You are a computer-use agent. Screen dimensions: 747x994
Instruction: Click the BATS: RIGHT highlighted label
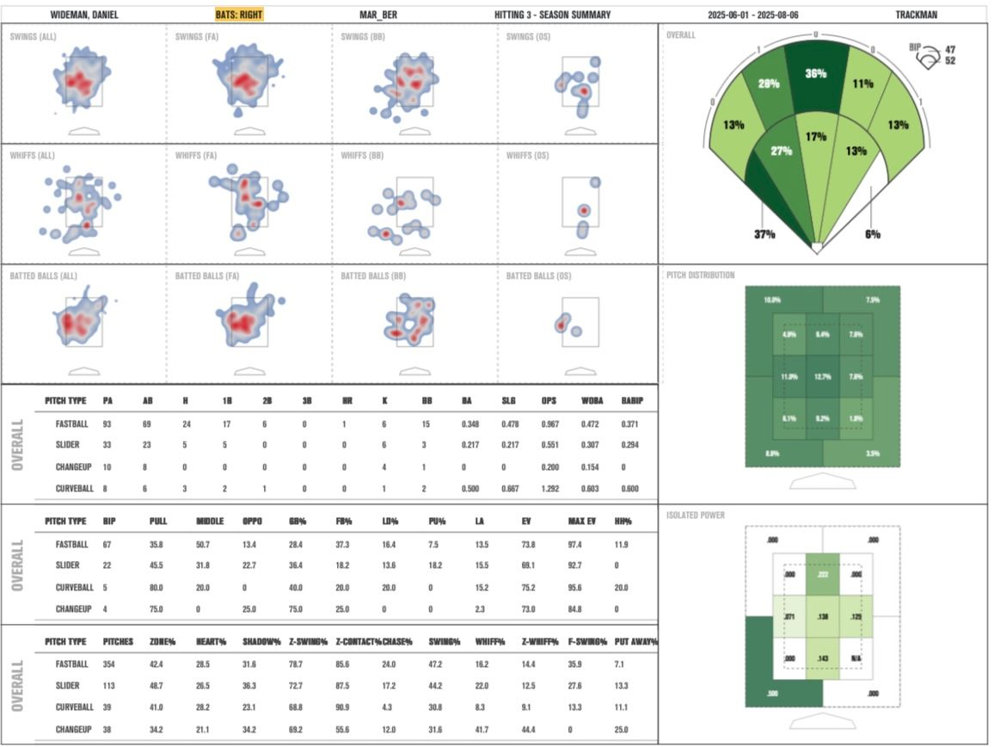[239, 15]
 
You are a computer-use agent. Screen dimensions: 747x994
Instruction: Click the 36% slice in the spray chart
[815, 74]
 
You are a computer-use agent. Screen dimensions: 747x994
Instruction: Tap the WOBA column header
[588, 401]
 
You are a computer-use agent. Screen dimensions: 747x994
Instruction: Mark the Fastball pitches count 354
[113, 665]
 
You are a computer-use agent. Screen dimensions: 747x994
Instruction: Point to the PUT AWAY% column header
[635, 642]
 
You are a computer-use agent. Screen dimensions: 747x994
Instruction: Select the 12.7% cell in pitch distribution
[823, 376]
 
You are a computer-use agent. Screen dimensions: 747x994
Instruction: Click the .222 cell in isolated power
[823, 574]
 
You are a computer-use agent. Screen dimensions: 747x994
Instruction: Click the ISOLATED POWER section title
[695, 515]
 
